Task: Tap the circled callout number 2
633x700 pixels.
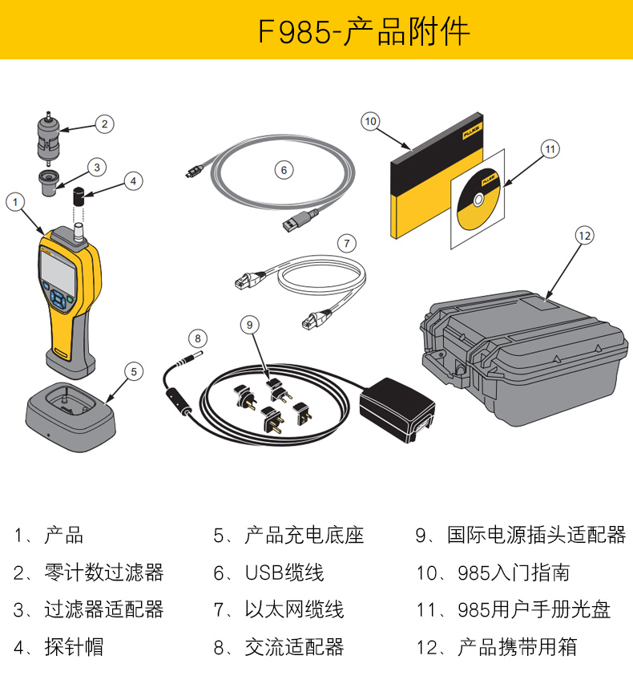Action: pyautogui.click(x=103, y=123)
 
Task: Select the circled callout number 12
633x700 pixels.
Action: pyautogui.click(x=584, y=235)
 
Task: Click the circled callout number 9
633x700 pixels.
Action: pyautogui.click(x=250, y=324)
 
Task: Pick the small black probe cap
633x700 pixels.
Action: pyautogui.click(x=80, y=195)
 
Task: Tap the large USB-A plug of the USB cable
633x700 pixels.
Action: pyautogui.click(x=298, y=221)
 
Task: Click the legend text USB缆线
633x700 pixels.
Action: pyautogui.click(x=284, y=573)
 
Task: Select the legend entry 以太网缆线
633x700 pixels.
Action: pyautogui.click(x=294, y=609)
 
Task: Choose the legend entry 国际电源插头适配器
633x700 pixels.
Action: pyautogui.click(x=535, y=535)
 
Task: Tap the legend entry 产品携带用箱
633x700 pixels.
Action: pyautogui.click(x=516, y=646)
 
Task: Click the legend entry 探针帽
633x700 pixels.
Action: pyautogui.click(x=74, y=646)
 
